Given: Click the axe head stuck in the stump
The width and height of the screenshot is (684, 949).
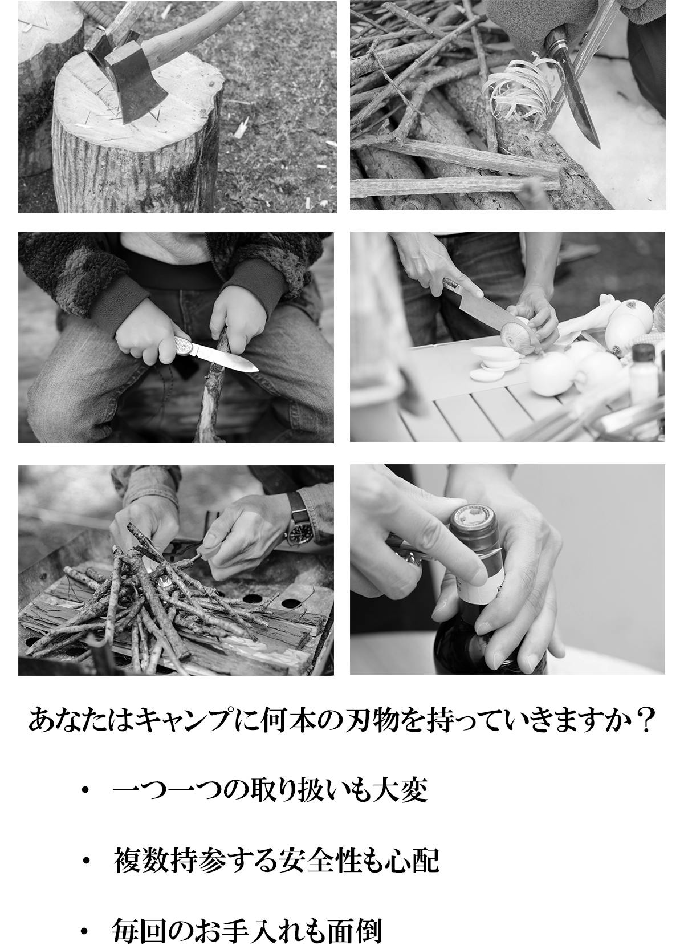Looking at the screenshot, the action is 136,87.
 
